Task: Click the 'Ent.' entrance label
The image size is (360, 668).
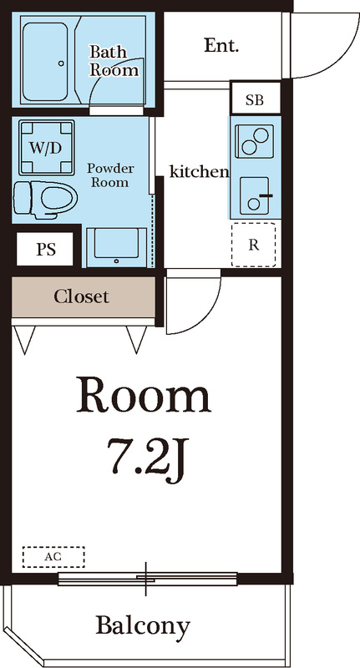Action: [221, 46]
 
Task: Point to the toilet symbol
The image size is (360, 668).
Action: [44, 197]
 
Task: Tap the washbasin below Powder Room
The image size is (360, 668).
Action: [118, 245]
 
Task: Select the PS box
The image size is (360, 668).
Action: [45, 249]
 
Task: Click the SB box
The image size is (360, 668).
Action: [254, 100]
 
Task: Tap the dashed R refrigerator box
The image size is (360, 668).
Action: [253, 245]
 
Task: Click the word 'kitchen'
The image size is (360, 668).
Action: [199, 172]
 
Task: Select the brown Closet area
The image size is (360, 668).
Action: [83, 296]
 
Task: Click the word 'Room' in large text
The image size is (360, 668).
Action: [143, 396]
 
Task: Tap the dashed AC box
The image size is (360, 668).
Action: [53, 557]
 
